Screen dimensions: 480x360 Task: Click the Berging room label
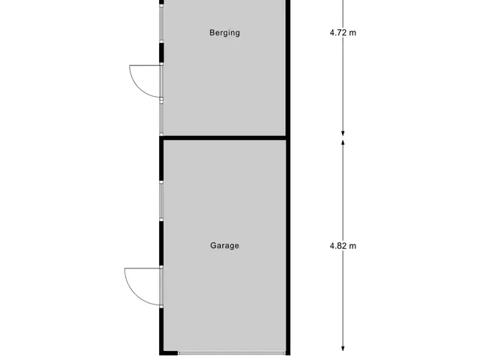click(224, 33)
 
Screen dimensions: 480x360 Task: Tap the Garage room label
click(224, 245)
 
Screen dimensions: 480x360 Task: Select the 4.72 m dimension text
click(343, 32)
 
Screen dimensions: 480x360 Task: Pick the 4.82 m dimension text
click(343, 246)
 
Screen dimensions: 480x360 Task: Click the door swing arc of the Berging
click(138, 88)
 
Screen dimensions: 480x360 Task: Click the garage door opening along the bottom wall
click(232, 353)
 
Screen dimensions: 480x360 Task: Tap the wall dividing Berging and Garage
click(224, 138)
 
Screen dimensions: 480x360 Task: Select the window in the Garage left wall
click(161, 201)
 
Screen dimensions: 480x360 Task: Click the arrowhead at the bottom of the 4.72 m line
click(343, 133)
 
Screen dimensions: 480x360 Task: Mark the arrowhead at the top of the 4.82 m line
click(343, 142)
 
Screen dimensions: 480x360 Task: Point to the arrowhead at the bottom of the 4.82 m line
click(343, 348)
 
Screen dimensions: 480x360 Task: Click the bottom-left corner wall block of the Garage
click(168, 353)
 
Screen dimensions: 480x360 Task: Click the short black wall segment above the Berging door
click(161, 52)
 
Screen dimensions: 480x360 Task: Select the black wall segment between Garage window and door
click(161, 243)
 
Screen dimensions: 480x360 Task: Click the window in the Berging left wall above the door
click(161, 23)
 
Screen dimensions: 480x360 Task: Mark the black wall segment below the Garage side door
click(161, 329)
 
